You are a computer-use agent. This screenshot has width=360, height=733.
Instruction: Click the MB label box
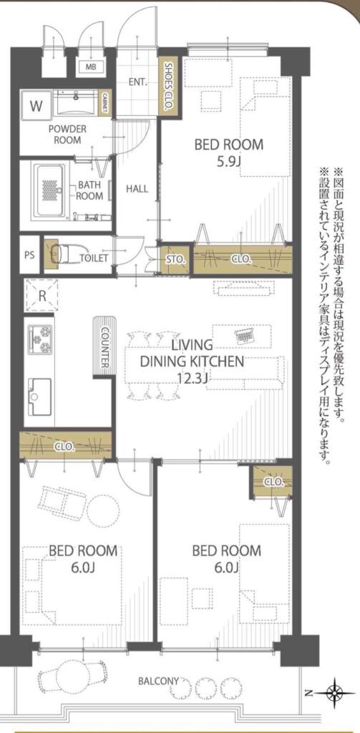point(90,67)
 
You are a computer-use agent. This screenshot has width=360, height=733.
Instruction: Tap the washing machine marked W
point(36,106)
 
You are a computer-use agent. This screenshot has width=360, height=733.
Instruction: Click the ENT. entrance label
point(138,83)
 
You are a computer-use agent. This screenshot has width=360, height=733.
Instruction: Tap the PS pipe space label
point(29,256)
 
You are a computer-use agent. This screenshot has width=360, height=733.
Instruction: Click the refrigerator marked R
point(41,296)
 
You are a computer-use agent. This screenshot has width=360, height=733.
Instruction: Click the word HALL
point(137,189)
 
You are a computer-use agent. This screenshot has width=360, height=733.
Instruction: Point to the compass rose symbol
point(335,691)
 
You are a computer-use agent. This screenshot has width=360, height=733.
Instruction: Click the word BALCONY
point(158,681)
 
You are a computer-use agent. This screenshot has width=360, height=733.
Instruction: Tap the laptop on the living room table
point(243,335)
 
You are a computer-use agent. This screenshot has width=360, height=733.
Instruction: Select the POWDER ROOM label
point(67,134)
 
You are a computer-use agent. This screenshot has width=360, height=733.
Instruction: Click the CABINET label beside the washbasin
point(105,102)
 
